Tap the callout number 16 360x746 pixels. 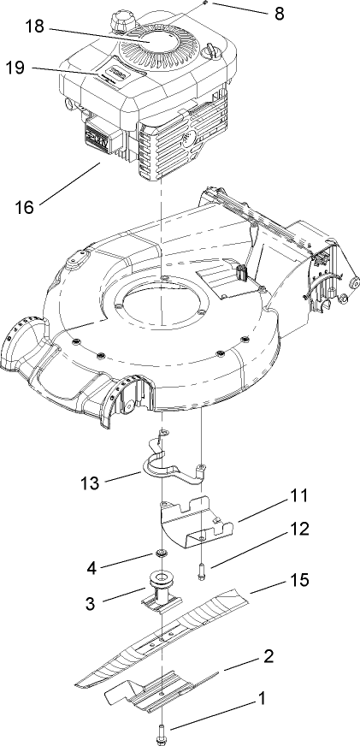coord(26,206)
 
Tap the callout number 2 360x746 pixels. coord(268,656)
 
